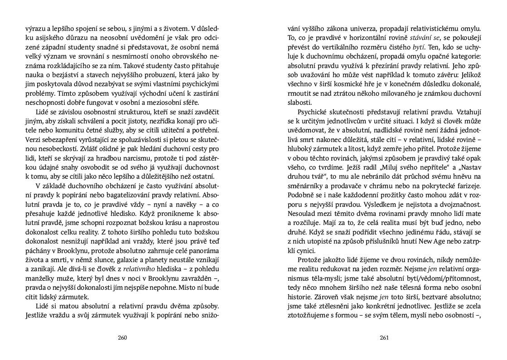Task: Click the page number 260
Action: tap(122, 337)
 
